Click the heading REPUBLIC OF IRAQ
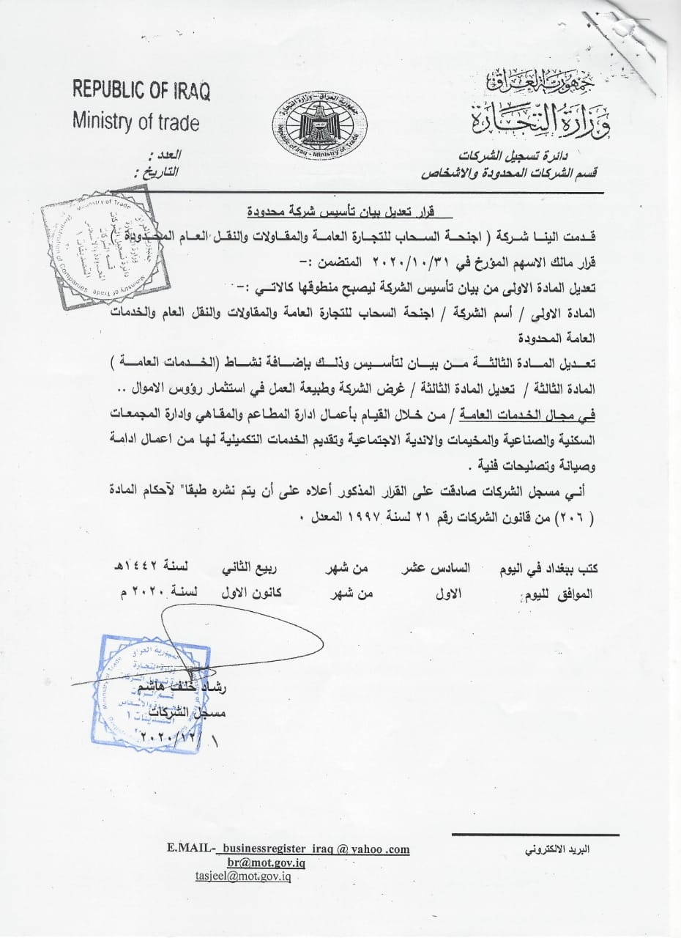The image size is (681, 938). coord(141,92)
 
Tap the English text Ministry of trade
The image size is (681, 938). coord(135,121)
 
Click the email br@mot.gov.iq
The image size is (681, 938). coord(267,863)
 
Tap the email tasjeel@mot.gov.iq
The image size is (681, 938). coord(243,876)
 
